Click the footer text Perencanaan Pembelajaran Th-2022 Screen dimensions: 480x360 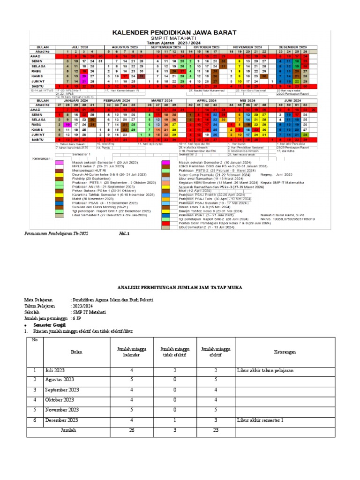(56, 233)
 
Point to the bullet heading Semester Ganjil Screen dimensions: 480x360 (48, 324)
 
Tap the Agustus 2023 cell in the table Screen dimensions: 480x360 (60, 379)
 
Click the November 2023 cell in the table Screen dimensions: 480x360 (61, 410)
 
